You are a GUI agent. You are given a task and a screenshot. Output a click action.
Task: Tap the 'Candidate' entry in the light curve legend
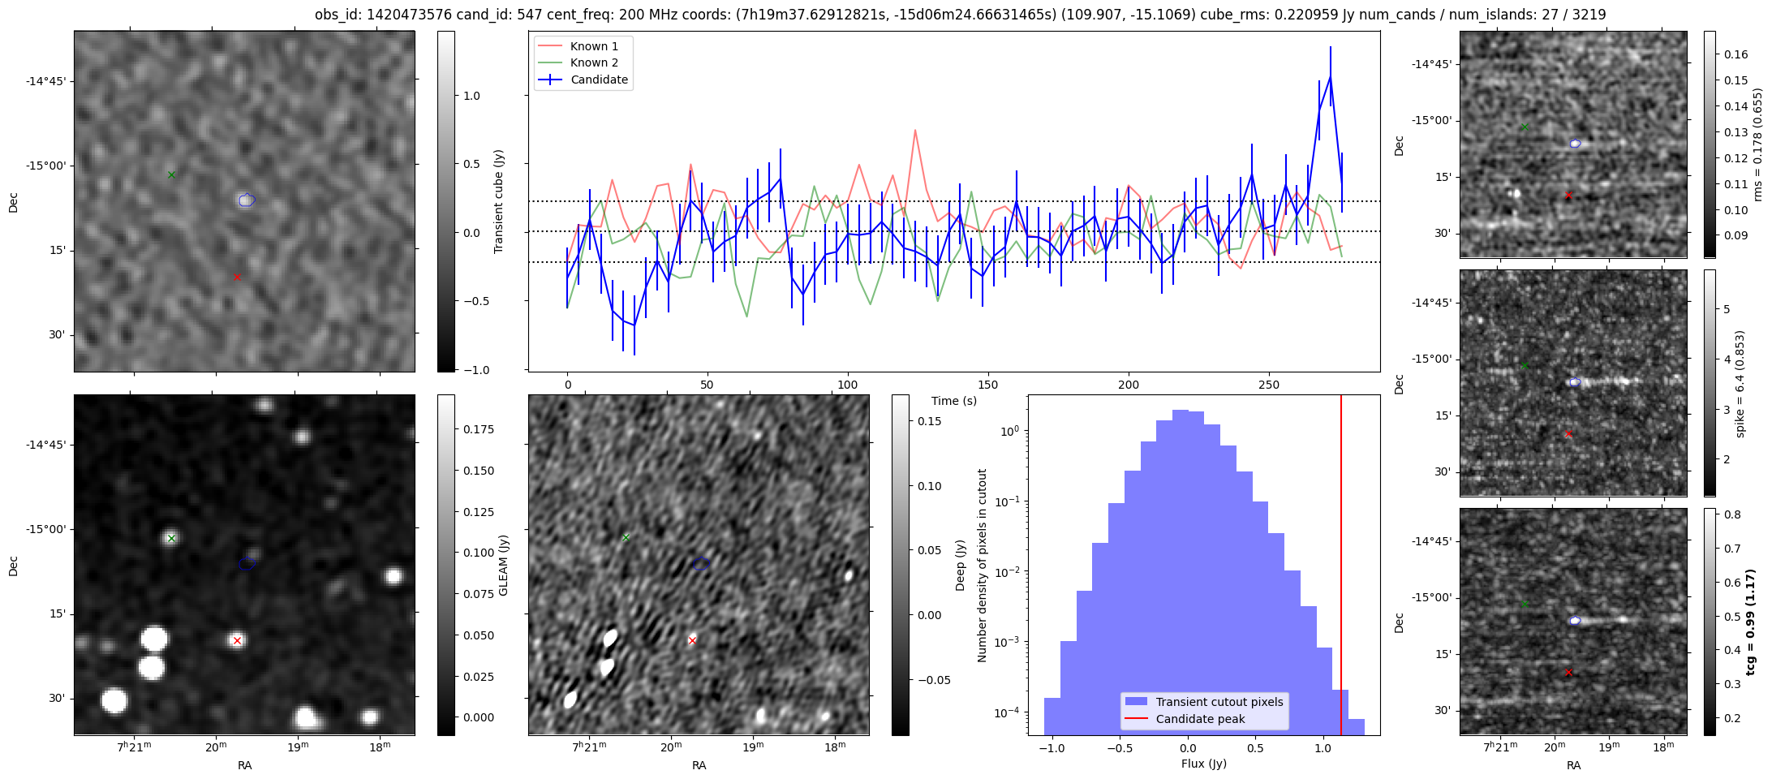click(599, 80)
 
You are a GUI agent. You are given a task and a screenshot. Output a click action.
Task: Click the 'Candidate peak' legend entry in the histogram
click(1200, 719)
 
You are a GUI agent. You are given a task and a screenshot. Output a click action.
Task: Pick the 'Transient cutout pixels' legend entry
click(1219, 702)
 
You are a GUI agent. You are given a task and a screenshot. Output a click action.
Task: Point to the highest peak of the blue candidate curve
click(1331, 77)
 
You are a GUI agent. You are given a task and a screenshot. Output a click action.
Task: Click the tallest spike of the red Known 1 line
click(915, 130)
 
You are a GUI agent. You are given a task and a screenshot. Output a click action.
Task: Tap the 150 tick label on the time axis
click(987, 385)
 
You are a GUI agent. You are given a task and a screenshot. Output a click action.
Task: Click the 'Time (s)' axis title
click(954, 401)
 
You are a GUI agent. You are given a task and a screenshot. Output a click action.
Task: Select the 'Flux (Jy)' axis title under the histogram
click(1204, 764)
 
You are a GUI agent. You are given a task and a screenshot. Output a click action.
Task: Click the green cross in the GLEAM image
click(171, 538)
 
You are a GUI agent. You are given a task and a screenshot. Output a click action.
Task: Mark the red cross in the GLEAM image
click(237, 640)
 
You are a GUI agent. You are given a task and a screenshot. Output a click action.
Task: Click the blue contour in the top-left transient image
click(247, 200)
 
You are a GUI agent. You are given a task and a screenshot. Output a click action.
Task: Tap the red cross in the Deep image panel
click(692, 640)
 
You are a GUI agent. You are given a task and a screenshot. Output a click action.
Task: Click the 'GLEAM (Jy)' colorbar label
click(504, 565)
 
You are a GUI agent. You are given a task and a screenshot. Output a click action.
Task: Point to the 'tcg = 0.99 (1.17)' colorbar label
click(1751, 622)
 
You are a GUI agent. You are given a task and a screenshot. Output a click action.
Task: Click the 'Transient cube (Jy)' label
click(499, 201)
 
